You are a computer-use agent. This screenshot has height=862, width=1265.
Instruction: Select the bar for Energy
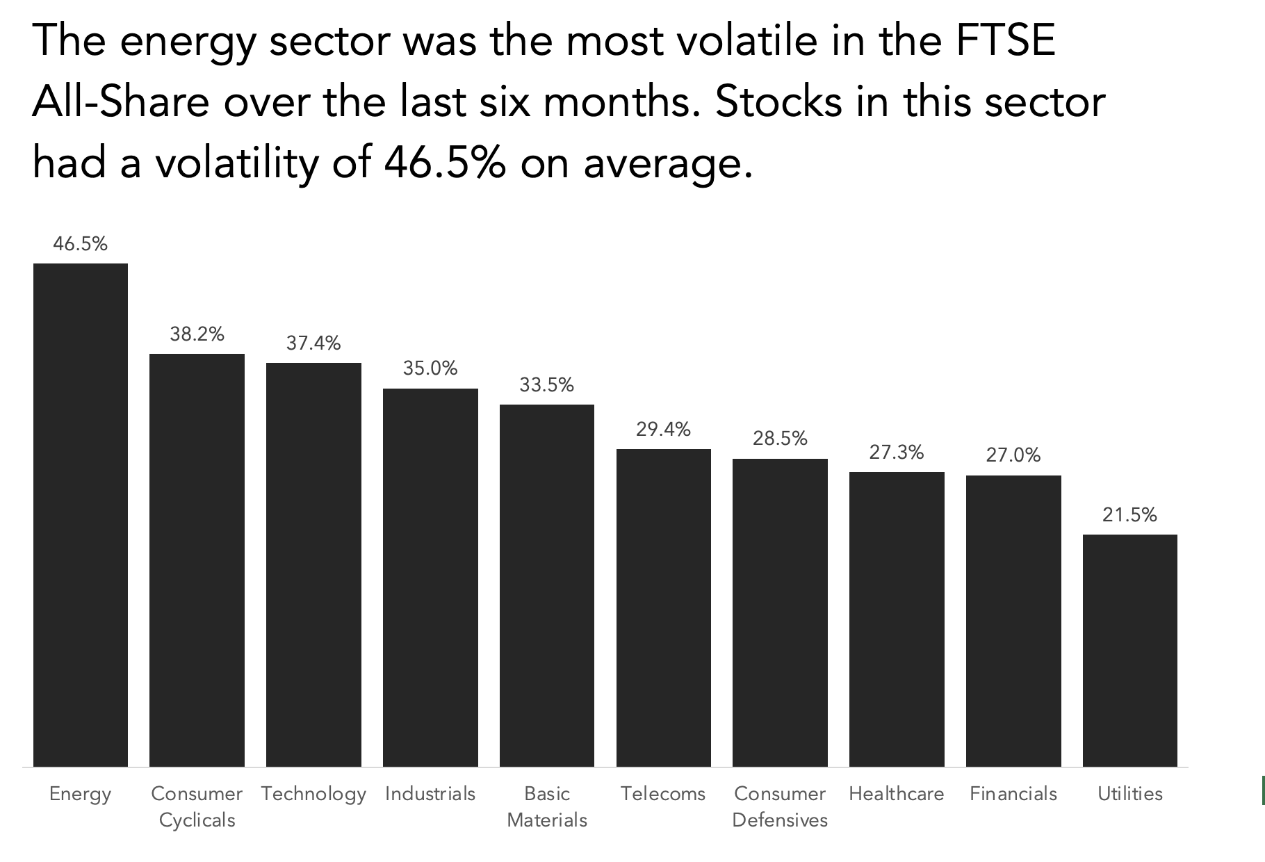pos(81,514)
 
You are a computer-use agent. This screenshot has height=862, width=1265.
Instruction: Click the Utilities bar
pos(1130,650)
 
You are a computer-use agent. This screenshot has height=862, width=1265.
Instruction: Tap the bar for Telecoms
pos(664,608)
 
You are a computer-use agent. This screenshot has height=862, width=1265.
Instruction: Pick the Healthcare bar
pos(897,619)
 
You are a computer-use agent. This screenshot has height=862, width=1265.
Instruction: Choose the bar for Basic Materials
pos(547,585)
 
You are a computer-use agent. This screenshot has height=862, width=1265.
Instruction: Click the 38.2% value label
pos(197,334)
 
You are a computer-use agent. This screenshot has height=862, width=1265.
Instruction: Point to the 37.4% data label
pos(313,343)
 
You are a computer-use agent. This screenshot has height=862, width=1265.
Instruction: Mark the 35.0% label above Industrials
pos(430,368)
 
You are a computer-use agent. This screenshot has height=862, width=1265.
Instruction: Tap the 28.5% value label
pos(780,439)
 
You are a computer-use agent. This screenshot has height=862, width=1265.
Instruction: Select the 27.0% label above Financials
pos(1013,455)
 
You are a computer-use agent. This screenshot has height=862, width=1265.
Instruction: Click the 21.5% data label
pos(1130,515)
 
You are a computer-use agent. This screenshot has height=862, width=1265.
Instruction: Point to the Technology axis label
pos(313,794)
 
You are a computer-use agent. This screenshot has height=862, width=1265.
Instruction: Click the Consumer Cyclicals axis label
pos(197,806)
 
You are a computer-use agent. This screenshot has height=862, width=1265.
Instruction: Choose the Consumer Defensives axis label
pos(780,806)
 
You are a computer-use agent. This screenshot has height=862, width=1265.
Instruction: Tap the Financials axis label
pos(1013,794)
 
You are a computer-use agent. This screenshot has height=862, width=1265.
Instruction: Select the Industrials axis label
pos(430,794)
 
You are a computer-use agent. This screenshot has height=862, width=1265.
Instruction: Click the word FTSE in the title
pos(1006,40)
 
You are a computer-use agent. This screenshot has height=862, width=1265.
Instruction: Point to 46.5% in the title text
pos(444,163)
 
